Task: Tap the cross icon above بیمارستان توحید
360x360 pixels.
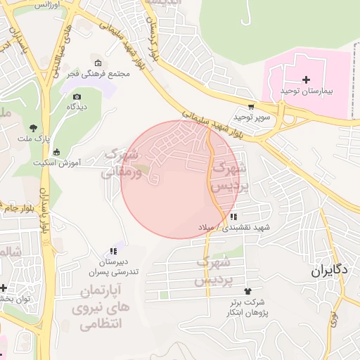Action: pos(306,79)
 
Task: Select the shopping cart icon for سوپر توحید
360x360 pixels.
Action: pos(251,107)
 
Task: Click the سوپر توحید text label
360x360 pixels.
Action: pos(253,117)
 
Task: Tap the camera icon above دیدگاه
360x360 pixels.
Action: pos(77,96)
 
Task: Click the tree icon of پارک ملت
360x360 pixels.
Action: pos(33,127)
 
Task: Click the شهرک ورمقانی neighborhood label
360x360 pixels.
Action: pos(123,163)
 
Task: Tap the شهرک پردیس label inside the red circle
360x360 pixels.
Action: pos(228,178)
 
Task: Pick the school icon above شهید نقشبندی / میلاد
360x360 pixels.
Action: pos(233,217)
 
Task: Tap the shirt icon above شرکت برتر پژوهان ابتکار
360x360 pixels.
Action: pos(247,290)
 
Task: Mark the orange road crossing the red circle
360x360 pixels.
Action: pos(212,176)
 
